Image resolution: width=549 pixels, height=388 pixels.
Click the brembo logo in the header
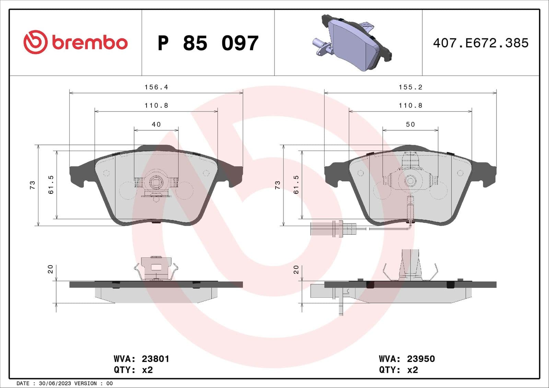75,42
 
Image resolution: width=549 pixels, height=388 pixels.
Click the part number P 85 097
208,43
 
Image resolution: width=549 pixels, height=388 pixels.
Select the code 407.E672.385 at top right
480,43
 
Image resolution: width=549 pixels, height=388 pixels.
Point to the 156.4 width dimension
156,87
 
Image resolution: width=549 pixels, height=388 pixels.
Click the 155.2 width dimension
410,87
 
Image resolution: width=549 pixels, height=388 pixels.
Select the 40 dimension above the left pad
156,124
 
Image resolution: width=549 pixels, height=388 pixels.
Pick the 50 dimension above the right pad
410,124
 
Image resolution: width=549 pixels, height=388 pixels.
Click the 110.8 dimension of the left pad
156,106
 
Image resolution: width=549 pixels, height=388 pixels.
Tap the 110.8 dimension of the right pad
410,106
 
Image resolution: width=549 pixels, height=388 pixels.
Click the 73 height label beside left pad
32,185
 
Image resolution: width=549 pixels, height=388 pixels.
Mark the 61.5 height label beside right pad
296,185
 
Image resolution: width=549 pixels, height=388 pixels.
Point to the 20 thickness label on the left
50,269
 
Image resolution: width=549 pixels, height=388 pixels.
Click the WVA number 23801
155,359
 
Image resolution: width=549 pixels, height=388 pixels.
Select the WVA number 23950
421,359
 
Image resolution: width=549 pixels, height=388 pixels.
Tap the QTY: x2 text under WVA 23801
133,370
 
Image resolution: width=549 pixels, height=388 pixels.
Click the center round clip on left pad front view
156,182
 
